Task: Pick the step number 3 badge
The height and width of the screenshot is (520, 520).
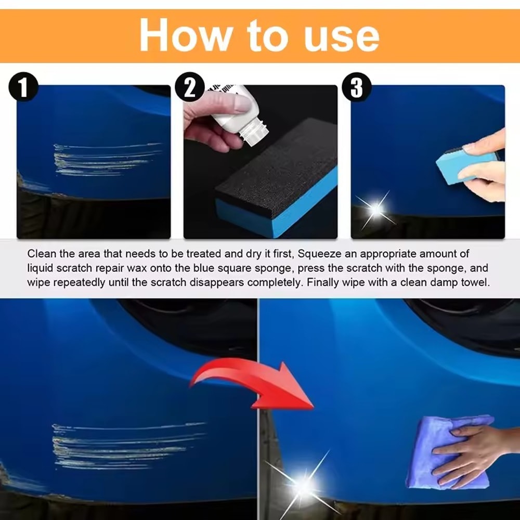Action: click(357, 88)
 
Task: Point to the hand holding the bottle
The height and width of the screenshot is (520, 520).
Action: click(208, 117)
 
